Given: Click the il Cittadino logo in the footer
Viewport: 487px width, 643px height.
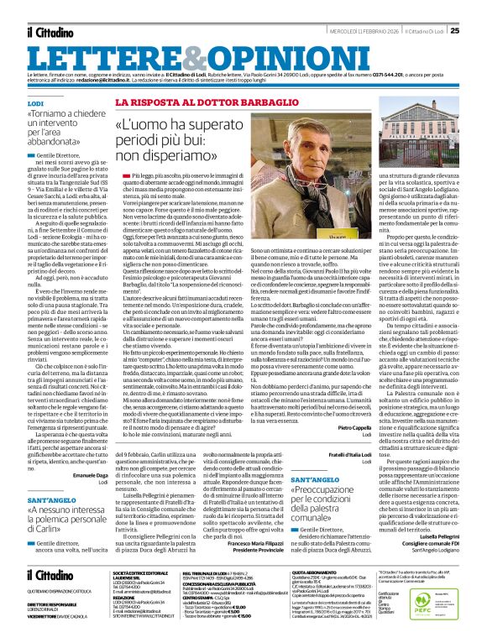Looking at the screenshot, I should [50, 575].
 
